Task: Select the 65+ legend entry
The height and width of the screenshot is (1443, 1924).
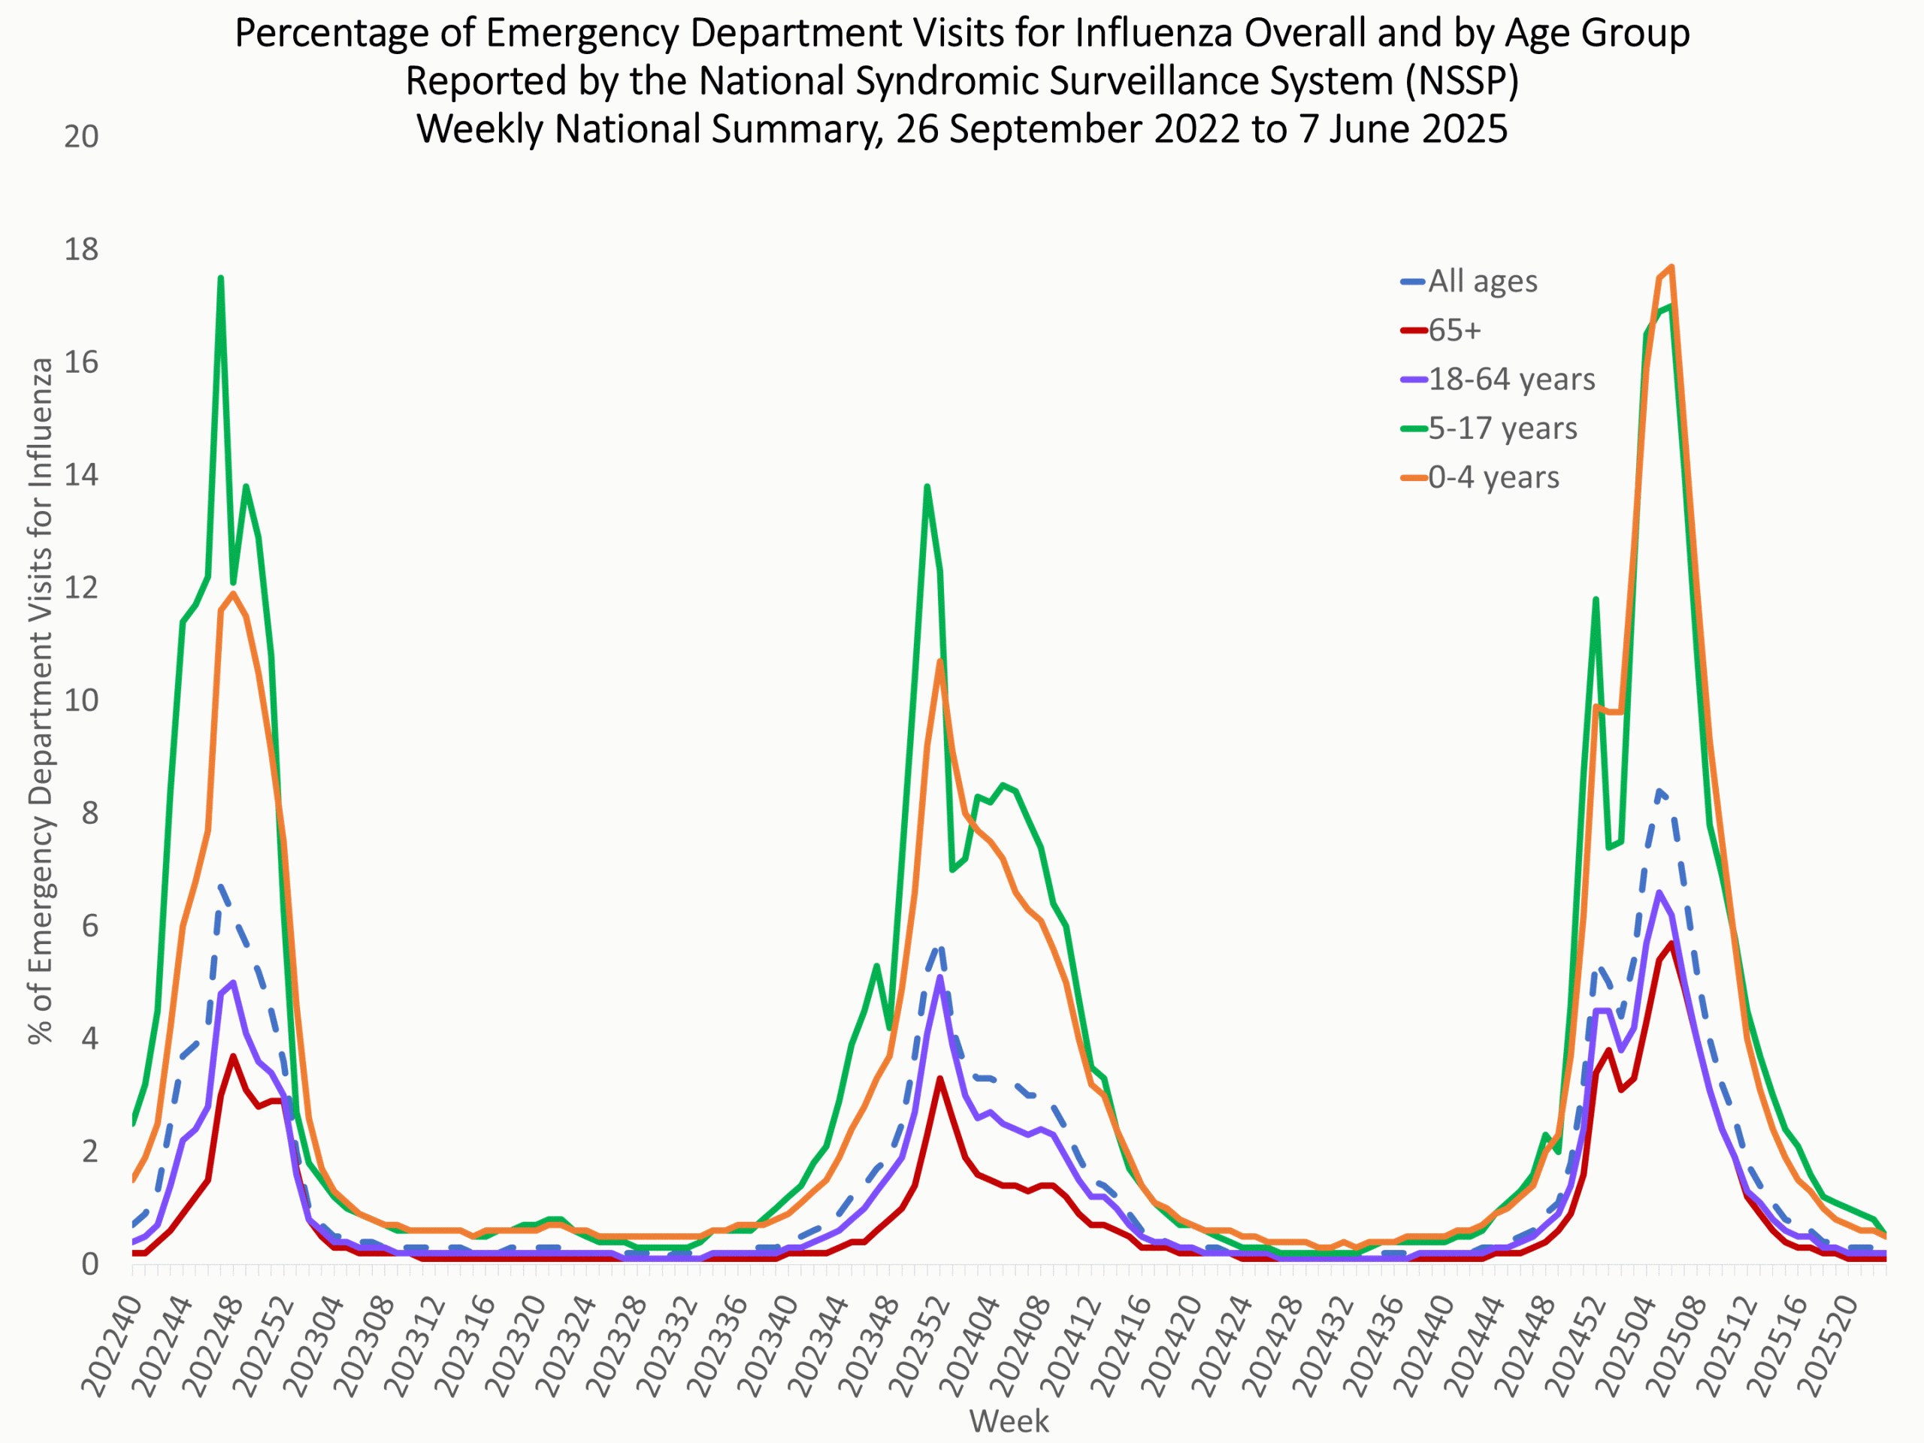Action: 1454,331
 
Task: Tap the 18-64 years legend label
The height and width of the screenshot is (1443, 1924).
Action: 1511,380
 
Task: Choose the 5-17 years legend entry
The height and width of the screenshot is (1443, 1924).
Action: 1502,428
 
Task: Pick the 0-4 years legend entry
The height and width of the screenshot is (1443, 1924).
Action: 1493,477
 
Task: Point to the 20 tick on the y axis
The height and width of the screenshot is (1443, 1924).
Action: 81,137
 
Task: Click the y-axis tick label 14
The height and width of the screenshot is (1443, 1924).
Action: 81,475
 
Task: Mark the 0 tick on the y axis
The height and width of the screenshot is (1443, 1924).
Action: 89,1264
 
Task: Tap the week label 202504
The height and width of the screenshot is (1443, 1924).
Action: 1622,1344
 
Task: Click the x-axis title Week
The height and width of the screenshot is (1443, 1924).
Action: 1009,1421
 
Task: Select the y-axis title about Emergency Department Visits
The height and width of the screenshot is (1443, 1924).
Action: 40,700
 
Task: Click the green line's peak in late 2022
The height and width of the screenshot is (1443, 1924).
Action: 221,278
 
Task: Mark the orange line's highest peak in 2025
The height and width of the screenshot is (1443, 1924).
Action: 1671,267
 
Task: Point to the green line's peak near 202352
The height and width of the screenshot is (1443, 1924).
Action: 927,486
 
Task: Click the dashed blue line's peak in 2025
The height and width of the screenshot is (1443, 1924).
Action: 1659,791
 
